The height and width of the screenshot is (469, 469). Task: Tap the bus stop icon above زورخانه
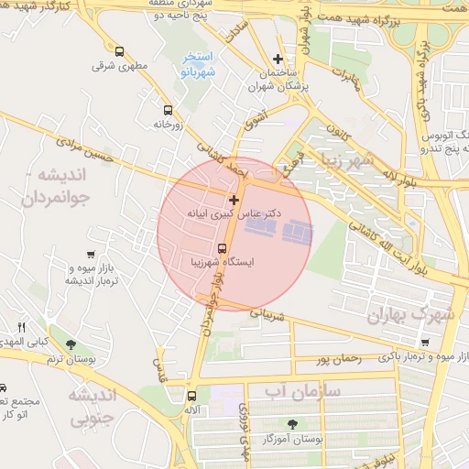tap(167, 108)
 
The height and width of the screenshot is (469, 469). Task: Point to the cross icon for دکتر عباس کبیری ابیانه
tap(234, 199)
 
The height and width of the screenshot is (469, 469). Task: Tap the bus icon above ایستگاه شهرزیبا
tap(222, 247)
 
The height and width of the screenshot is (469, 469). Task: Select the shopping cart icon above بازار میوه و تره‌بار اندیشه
tap(89, 255)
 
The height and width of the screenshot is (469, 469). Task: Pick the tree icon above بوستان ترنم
tap(71, 344)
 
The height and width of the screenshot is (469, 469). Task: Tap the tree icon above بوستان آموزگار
tap(292, 424)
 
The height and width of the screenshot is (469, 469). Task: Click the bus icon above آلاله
tap(191, 397)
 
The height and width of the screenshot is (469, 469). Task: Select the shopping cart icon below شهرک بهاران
tap(424, 342)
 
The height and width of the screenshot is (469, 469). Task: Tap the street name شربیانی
tap(276, 315)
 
